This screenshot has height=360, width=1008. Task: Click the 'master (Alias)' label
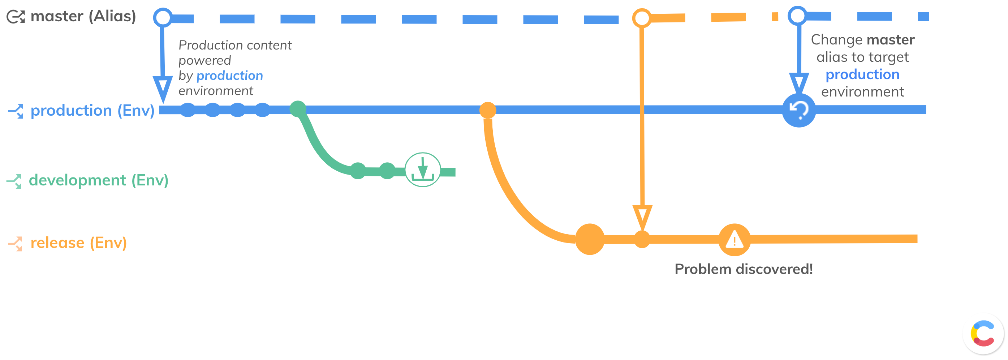pyautogui.click(x=83, y=16)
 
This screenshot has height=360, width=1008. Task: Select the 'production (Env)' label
pyautogui.click(x=92, y=111)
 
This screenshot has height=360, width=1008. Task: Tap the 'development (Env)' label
pyautogui.click(x=99, y=180)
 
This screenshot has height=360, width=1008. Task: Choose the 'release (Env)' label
pyautogui.click(x=79, y=243)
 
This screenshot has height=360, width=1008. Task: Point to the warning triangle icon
pyautogui.click(x=735, y=240)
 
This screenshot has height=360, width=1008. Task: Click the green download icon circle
pyautogui.click(x=423, y=170)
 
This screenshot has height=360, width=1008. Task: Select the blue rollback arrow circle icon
pyautogui.click(x=799, y=110)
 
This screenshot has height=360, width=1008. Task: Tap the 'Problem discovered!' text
pyautogui.click(x=744, y=269)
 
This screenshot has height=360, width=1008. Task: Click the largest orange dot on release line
pyautogui.click(x=590, y=239)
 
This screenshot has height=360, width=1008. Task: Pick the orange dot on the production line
pyautogui.click(x=488, y=110)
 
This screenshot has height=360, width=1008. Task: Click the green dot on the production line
pyautogui.click(x=298, y=109)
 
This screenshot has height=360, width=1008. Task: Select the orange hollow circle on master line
pyautogui.click(x=642, y=18)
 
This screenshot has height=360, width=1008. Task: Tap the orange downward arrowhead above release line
pyautogui.click(x=642, y=217)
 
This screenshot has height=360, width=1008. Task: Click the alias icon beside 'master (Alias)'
pyautogui.click(x=16, y=17)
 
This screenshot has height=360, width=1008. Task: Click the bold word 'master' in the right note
pyautogui.click(x=890, y=40)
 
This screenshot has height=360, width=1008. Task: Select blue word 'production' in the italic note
pyautogui.click(x=230, y=76)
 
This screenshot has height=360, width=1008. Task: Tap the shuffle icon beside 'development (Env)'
pyautogui.click(x=14, y=181)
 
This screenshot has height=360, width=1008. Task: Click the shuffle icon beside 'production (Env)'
pyautogui.click(x=16, y=111)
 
